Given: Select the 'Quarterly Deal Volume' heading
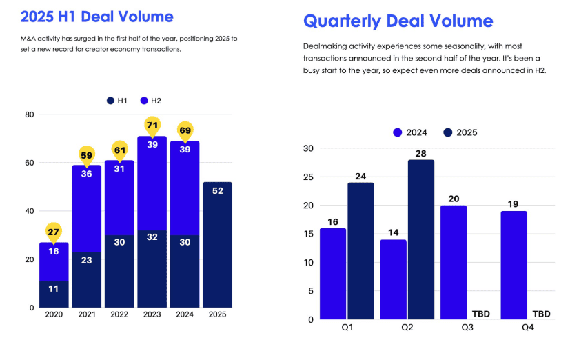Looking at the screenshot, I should click(398, 21).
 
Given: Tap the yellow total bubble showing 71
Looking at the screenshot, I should click(152, 125).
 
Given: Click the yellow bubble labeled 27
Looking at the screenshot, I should click(53, 232).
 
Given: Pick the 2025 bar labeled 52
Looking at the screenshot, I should click(217, 245).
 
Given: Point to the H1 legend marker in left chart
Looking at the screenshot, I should click(110, 101).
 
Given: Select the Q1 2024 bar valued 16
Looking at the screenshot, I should click(332, 273).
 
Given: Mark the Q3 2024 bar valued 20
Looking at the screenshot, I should click(454, 262).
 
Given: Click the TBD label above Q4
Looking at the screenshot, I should click(542, 314).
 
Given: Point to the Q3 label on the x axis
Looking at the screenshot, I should click(467, 328).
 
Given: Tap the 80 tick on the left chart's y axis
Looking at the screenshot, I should click(30, 114).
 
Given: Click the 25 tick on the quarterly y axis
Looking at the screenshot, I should click(308, 177).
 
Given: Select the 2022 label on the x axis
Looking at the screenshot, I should click(119, 314).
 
